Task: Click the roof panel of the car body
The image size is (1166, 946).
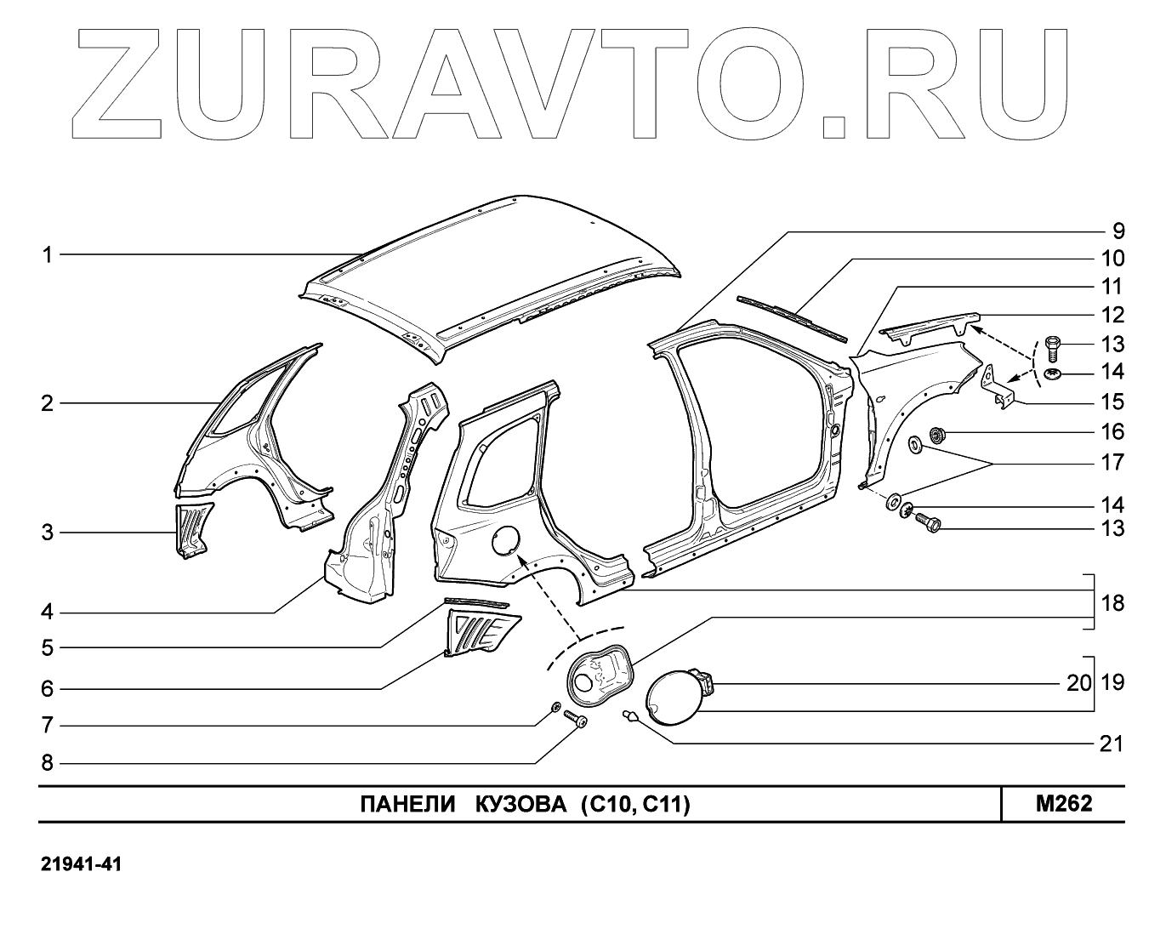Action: click(493, 272)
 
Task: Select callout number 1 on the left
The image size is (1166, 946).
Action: click(48, 254)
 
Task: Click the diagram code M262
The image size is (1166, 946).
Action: click(1063, 804)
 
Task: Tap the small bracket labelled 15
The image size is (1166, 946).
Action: click(998, 385)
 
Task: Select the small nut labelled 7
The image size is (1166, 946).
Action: click(555, 707)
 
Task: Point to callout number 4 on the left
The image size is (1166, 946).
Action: click(48, 612)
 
